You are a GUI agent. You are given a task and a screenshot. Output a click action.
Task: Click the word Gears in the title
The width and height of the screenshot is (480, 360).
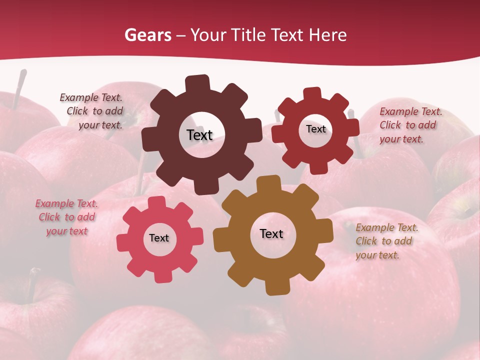(x=147, y=35)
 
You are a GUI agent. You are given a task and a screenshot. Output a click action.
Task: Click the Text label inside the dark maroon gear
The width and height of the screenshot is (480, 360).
(x=199, y=135)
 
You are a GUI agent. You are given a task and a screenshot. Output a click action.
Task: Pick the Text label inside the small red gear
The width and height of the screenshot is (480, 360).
(x=315, y=129)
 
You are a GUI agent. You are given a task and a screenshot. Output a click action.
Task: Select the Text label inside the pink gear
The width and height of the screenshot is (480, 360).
(x=159, y=238)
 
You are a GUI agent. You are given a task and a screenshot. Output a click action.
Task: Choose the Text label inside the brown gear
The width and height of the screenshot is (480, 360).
(x=271, y=233)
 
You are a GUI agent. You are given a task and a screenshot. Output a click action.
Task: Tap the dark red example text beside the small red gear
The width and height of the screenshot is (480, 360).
(x=410, y=125)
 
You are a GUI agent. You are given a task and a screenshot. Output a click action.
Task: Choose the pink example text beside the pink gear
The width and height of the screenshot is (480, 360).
(x=66, y=217)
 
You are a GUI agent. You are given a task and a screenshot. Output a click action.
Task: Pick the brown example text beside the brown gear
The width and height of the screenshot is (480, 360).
(x=386, y=241)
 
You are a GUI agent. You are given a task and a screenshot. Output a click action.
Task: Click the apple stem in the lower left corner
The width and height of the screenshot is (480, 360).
(x=32, y=282)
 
